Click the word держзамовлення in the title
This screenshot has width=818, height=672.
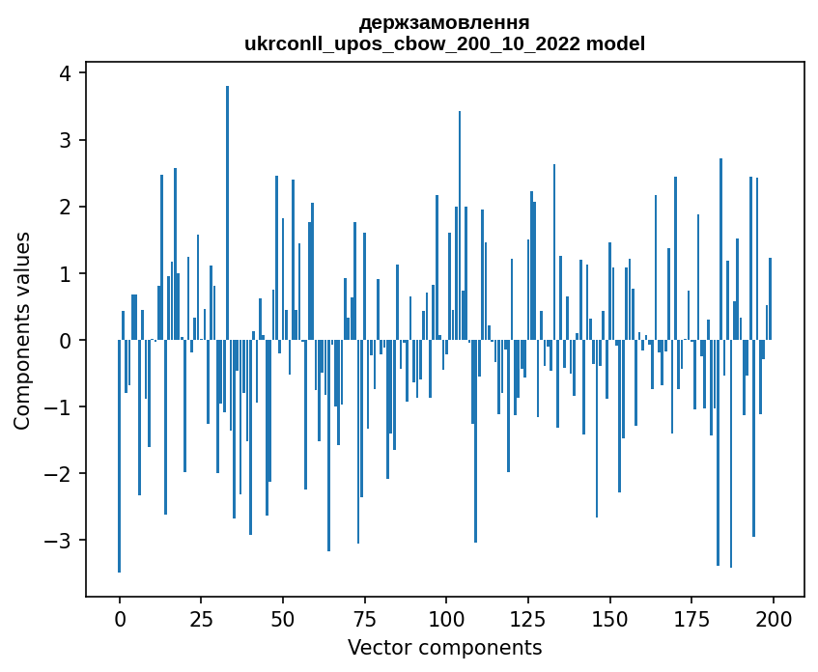(444, 22)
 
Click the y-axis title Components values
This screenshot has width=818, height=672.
(22, 330)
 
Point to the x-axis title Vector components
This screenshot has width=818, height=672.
(444, 647)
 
